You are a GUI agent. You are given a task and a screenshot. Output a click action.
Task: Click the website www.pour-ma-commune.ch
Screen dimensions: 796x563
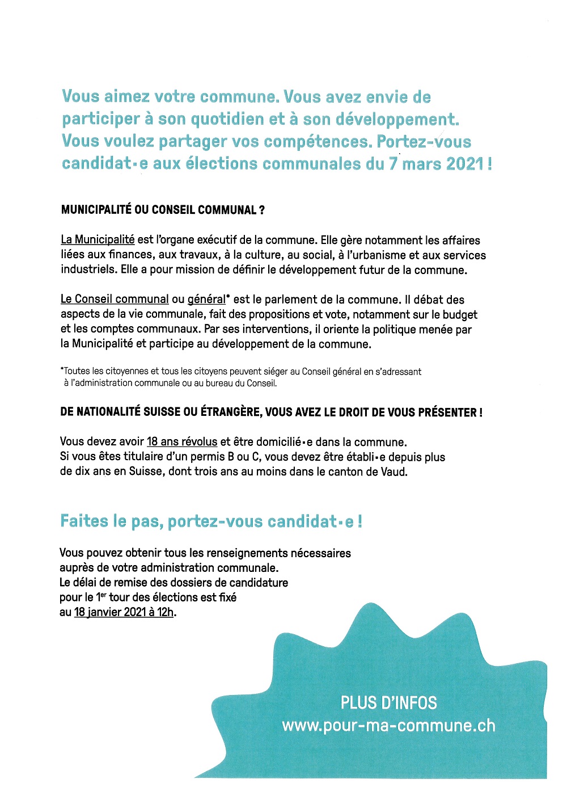388,726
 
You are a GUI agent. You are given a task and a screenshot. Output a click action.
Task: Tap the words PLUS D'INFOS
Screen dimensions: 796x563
388,703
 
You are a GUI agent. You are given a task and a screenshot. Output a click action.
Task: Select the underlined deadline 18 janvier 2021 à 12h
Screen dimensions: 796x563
124,612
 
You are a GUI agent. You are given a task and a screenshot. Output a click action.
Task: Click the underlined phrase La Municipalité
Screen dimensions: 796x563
98,240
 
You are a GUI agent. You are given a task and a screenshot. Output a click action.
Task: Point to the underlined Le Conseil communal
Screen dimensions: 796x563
115,300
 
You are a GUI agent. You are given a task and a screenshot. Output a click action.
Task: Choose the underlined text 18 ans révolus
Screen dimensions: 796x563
182,442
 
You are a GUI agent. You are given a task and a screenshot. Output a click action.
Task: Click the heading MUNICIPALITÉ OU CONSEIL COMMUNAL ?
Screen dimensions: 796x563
163,210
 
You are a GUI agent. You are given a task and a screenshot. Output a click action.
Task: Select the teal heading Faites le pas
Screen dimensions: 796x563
112,521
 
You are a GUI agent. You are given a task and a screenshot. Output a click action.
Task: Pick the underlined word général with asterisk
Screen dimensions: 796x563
206,300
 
